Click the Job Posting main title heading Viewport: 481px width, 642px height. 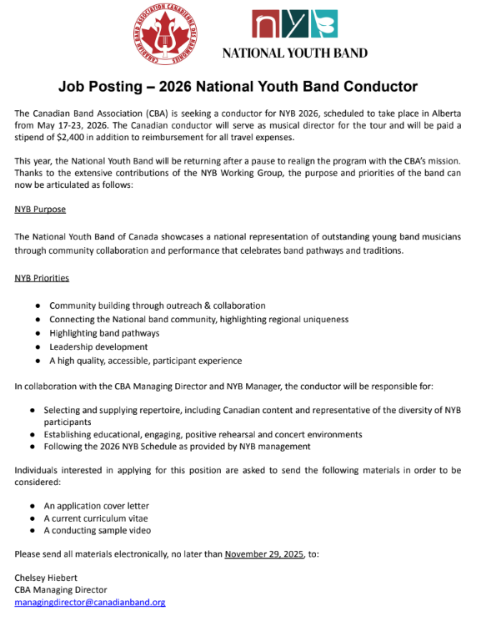click(x=238, y=86)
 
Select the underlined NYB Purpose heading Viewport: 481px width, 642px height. click(x=40, y=210)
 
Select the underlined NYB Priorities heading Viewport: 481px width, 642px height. click(x=43, y=277)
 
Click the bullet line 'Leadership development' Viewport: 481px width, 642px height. click(x=98, y=346)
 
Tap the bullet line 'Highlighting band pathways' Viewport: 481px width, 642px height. click(x=104, y=333)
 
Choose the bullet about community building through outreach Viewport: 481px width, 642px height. click(x=157, y=306)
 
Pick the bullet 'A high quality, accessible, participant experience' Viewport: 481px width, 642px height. click(x=145, y=361)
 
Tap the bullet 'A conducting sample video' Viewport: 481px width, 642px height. click(x=98, y=530)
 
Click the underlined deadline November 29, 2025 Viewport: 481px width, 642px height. click(x=265, y=554)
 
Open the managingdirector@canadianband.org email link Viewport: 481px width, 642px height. click(x=90, y=602)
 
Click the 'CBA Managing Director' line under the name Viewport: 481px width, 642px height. click(x=61, y=589)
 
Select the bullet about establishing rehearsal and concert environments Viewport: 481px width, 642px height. click(x=203, y=434)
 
